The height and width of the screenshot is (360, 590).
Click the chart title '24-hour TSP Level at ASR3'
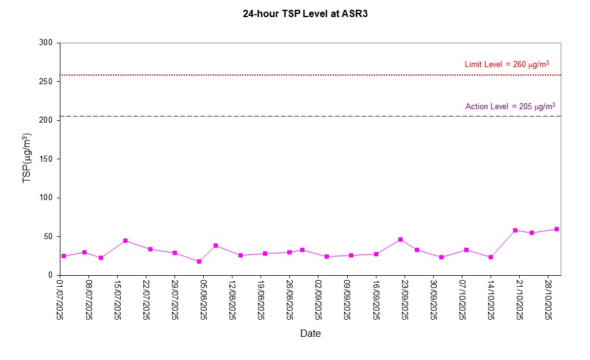pyautogui.click(x=305, y=13)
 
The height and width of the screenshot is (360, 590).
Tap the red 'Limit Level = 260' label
pyautogui.click(x=506, y=64)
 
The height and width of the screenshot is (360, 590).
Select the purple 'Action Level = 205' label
pyautogui.click(x=510, y=106)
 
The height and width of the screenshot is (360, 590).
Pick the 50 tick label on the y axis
pyautogui.click(x=49, y=237)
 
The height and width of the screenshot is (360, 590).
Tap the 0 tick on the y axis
pyautogui.click(x=51, y=275)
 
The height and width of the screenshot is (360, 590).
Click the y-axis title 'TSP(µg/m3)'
pyautogui.click(x=27, y=158)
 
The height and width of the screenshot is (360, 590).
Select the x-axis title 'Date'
pyautogui.click(x=310, y=333)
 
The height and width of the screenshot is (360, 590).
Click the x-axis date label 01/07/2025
pyautogui.click(x=60, y=299)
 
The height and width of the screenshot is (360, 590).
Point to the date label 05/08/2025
pyautogui.click(x=204, y=299)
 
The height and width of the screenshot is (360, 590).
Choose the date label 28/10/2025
pyautogui.click(x=548, y=299)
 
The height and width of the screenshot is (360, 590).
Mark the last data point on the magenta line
pyautogui.click(x=556, y=229)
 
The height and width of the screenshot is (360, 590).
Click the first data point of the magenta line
pyautogui.click(x=63, y=256)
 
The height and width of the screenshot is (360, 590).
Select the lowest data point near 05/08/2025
pyautogui.click(x=199, y=262)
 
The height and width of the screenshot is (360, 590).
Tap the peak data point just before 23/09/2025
pyautogui.click(x=400, y=240)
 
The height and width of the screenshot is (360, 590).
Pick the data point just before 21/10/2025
pyautogui.click(x=515, y=231)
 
